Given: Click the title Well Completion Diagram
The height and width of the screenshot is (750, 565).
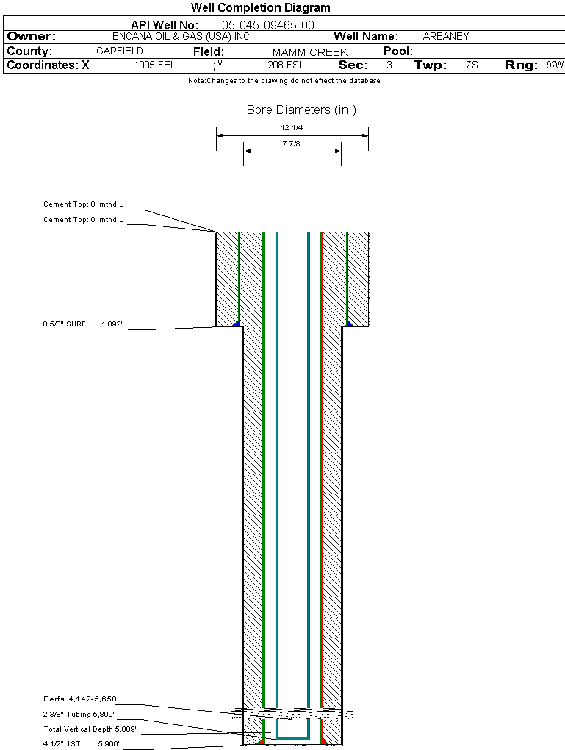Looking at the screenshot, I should (260, 8).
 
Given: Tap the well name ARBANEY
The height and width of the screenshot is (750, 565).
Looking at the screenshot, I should (446, 36).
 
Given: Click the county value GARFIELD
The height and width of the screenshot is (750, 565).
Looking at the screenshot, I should (120, 51).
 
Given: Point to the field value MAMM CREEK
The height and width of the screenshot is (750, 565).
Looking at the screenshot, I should (309, 52).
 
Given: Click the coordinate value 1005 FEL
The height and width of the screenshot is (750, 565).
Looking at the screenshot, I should (155, 65).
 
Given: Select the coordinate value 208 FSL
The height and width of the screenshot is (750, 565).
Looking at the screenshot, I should (286, 65).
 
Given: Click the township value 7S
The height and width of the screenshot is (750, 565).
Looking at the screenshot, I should (472, 65).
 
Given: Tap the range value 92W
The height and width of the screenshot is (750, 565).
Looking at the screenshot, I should (555, 65).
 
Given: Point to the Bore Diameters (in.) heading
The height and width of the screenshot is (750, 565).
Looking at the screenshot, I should (301, 110).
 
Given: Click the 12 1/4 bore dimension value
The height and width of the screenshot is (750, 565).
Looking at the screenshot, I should (292, 128).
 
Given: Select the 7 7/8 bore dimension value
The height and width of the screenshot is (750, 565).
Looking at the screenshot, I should (292, 144).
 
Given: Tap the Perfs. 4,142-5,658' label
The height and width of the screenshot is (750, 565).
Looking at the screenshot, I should (81, 699).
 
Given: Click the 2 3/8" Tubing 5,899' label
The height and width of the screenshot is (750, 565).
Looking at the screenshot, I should (79, 714).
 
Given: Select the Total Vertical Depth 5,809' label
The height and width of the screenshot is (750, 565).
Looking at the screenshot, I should (90, 729).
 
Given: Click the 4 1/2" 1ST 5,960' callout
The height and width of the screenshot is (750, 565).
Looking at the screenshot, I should (81, 743).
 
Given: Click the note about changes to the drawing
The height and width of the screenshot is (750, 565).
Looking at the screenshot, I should (284, 81).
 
